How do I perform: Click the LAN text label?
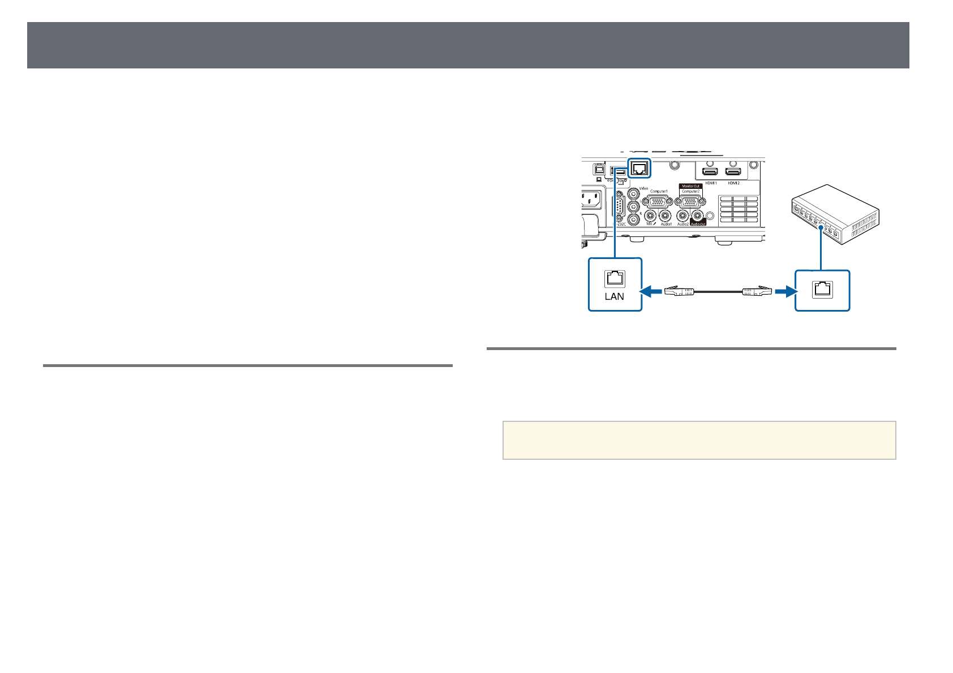(x=615, y=296)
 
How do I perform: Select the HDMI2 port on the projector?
(x=734, y=172)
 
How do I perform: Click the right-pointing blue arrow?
(x=784, y=291)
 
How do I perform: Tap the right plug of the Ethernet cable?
(x=757, y=291)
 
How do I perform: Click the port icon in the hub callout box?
(x=822, y=290)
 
